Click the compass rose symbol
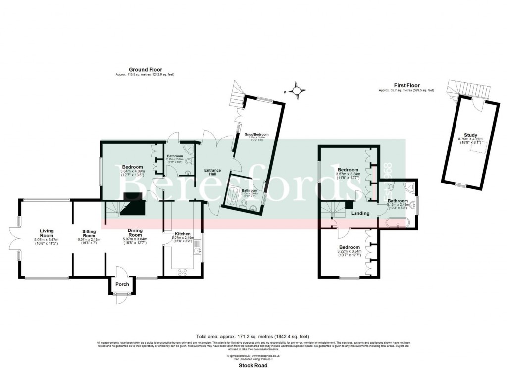point(296,91)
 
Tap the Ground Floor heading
point(146,70)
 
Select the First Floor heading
point(406,85)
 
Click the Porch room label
point(122,284)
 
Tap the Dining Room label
point(135,230)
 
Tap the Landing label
point(360,213)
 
